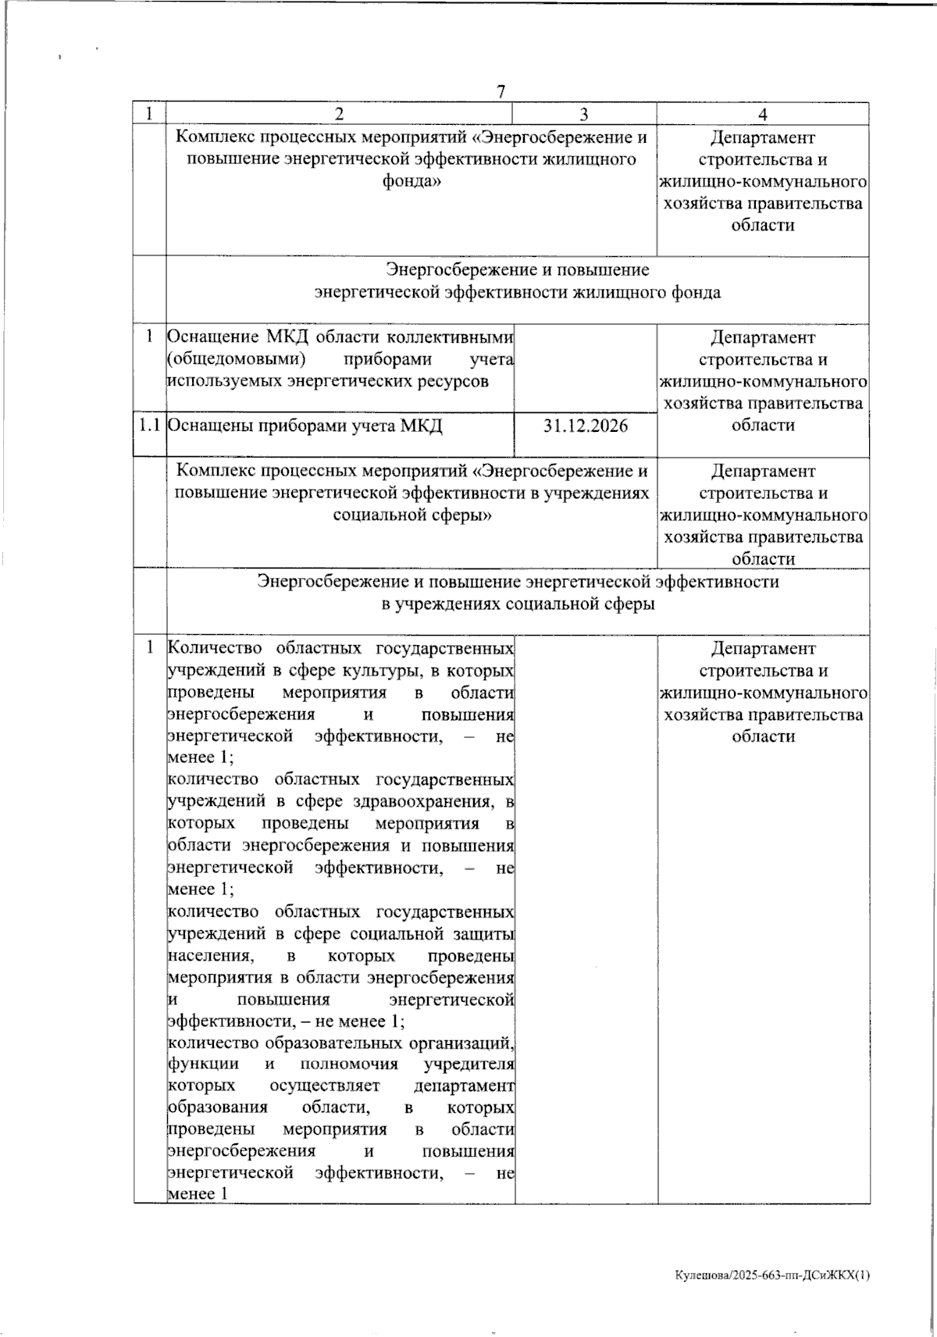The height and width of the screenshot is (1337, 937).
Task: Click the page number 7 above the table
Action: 501,91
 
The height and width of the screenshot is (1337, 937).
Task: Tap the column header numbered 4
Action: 763,114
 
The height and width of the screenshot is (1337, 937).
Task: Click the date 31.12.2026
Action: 586,426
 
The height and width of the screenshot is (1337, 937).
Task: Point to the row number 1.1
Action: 149,426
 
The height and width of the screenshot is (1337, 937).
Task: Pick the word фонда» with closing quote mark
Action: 411,182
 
